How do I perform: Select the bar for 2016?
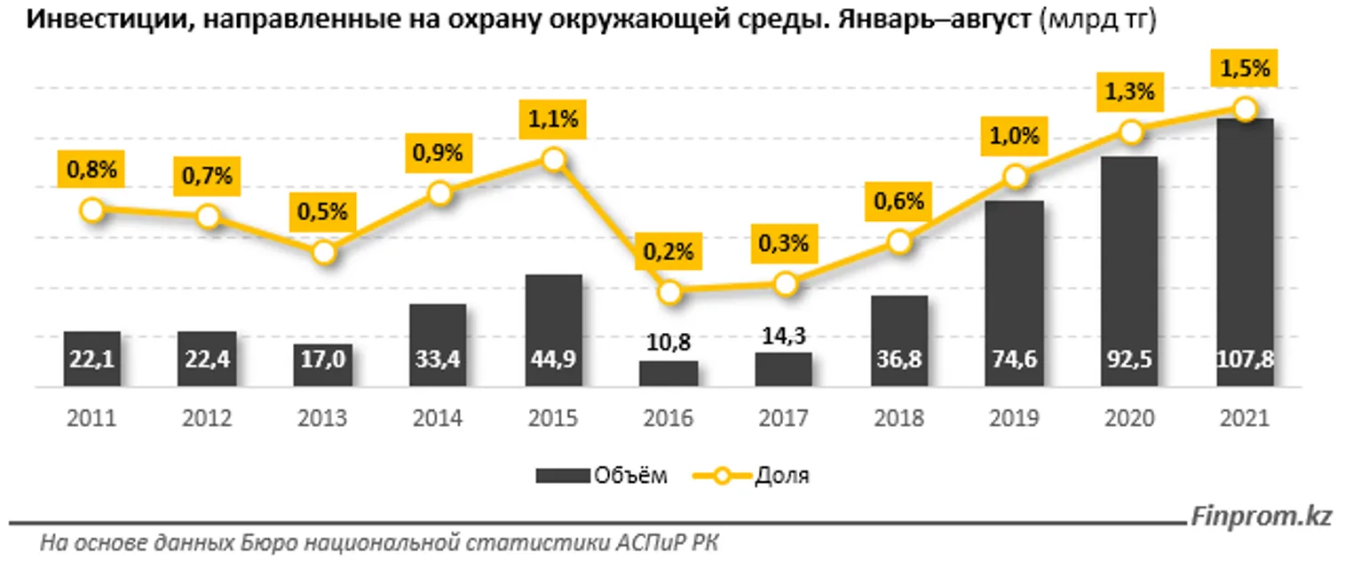pyautogui.click(x=669, y=374)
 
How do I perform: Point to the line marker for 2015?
pyautogui.click(x=554, y=160)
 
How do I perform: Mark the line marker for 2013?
pyautogui.click(x=324, y=253)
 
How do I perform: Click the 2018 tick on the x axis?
pyautogui.click(x=898, y=418)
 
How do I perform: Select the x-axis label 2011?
pyautogui.click(x=91, y=418)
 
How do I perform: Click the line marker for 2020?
pyautogui.click(x=1129, y=132)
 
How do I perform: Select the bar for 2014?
pyautogui.click(x=438, y=345)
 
